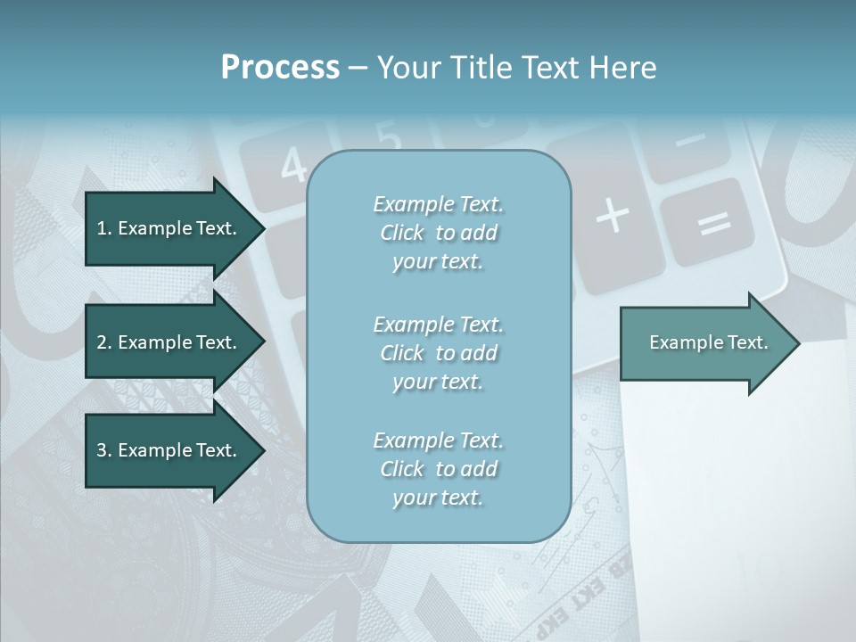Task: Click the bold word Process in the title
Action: pyautogui.click(x=280, y=68)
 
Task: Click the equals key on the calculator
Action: pyautogui.click(x=713, y=223)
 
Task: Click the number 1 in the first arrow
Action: pyautogui.click(x=102, y=228)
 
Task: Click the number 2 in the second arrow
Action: pyautogui.click(x=102, y=342)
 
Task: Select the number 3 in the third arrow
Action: pyautogui.click(x=102, y=450)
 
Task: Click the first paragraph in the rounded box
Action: pyautogui.click(x=438, y=233)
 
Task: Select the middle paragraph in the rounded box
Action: pyautogui.click(x=438, y=353)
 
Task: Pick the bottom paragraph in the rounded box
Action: pyautogui.click(x=438, y=469)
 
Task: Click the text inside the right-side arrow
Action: pyautogui.click(x=709, y=342)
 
